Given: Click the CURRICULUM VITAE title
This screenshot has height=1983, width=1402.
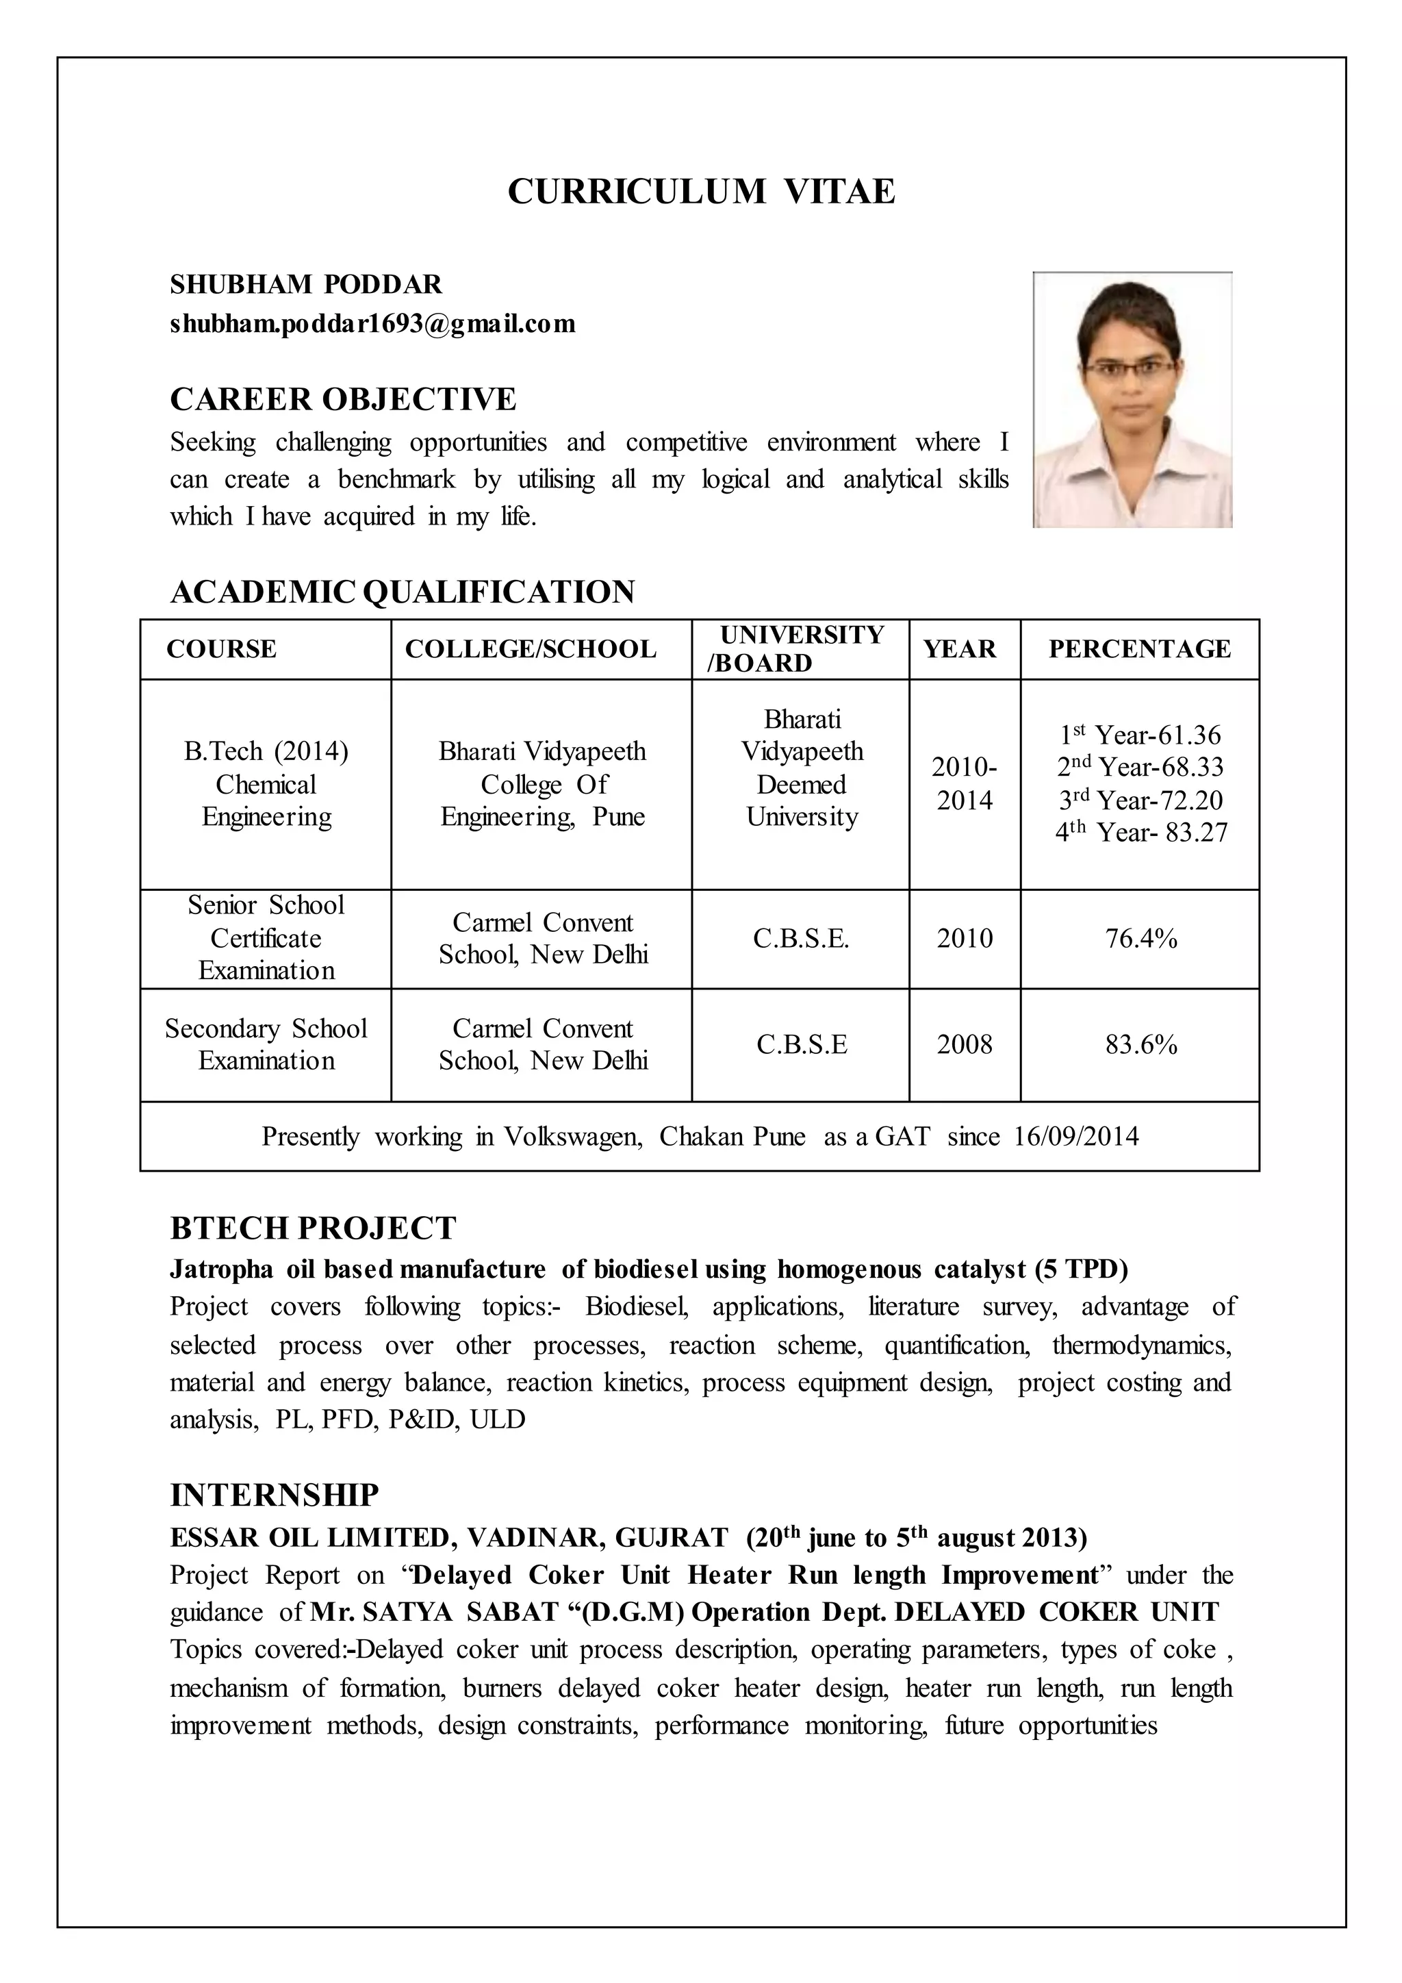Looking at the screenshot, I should (701, 191).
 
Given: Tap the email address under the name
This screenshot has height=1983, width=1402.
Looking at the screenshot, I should (372, 324).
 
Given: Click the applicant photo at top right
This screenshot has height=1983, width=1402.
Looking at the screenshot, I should (1132, 400).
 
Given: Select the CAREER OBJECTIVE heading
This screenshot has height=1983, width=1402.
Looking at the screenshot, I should (343, 399).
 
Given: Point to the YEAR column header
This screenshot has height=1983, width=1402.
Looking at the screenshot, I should (959, 648).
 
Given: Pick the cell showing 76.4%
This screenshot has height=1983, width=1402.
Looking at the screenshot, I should (1140, 938).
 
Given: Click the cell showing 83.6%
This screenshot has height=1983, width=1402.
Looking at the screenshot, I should (1140, 1044).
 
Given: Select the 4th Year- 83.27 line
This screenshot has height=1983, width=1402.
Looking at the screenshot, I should (1140, 833).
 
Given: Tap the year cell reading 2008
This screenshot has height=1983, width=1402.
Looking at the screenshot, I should (965, 1044).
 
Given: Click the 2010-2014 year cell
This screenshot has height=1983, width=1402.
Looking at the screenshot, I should (965, 783).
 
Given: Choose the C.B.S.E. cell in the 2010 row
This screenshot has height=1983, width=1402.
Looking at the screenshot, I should (800, 938).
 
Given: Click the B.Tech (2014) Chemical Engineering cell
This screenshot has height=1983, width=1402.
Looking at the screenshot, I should (266, 783).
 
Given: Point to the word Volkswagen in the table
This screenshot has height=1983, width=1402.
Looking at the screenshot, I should (572, 1136).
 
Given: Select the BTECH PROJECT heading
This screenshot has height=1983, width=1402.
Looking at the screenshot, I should (313, 1228).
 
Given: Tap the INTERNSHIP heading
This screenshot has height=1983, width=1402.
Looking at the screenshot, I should (275, 1495).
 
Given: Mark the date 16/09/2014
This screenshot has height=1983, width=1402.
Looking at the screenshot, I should (1075, 1136).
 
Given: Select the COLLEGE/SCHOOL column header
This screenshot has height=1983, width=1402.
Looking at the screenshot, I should (530, 648).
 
